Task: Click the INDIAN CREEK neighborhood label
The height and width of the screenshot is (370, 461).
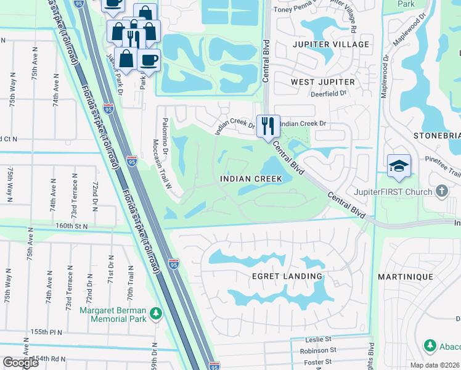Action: coord(251,178)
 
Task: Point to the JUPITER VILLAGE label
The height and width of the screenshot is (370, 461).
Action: coord(332,44)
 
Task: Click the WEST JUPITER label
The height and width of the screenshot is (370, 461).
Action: coord(323,82)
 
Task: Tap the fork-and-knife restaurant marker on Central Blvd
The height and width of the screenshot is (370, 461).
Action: coord(268,126)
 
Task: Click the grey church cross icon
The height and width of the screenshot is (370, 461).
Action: coord(441,191)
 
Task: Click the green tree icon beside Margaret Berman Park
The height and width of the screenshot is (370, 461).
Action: coord(157,314)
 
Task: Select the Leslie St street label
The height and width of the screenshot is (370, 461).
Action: coord(319,339)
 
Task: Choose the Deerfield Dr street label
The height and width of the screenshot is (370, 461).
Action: coord(325,95)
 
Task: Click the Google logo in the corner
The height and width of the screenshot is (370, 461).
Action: coord(20,363)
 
